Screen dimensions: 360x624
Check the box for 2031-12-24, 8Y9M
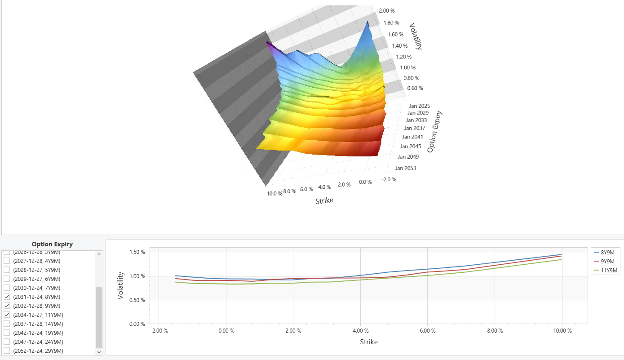(7, 297)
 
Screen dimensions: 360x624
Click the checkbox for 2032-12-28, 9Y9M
(7, 306)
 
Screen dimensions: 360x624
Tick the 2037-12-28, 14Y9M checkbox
(7, 324)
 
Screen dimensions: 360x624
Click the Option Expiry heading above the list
(52, 244)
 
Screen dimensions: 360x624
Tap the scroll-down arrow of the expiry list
(99, 352)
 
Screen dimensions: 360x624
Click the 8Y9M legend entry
(606, 253)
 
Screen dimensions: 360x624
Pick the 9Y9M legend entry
(606, 262)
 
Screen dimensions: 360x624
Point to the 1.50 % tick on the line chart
(137, 252)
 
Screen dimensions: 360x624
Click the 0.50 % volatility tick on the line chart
(137, 300)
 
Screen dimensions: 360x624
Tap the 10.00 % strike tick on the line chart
(562, 331)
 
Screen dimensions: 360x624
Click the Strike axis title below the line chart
(368, 342)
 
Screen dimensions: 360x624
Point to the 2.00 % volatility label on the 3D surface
(386, 11)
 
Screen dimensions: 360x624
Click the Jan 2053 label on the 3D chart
(405, 168)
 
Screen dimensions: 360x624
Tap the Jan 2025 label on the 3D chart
(419, 106)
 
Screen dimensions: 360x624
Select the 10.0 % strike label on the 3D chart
(274, 193)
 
